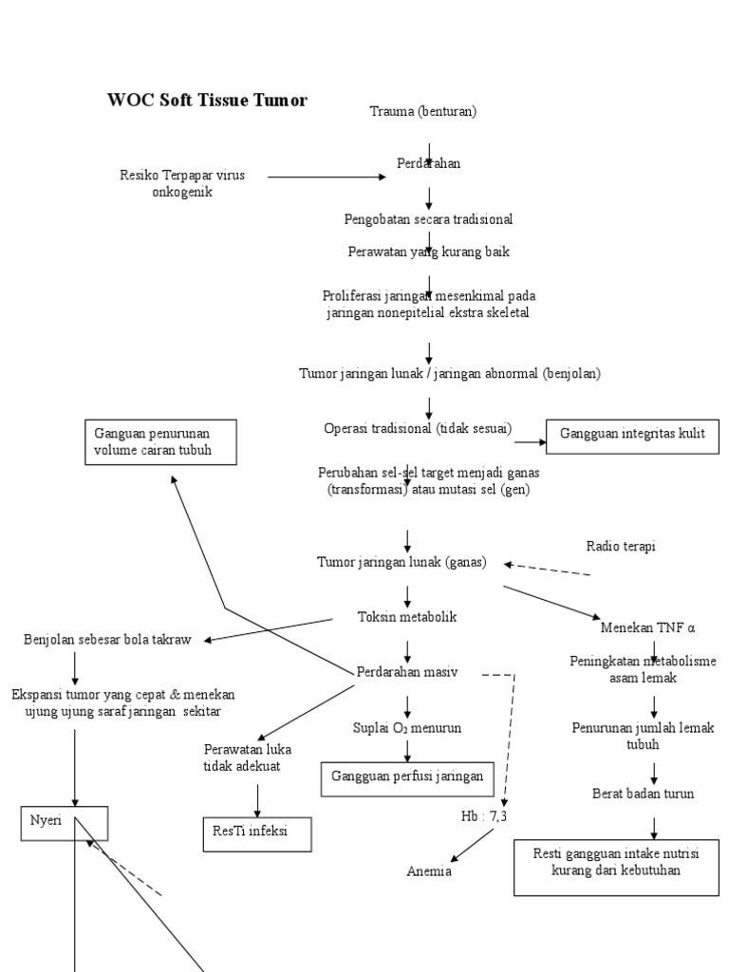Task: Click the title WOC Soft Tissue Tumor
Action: [x=207, y=100]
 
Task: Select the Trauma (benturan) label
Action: [x=422, y=112]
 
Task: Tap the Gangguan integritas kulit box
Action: [x=632, y=437]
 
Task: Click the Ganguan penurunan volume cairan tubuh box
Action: [x=160, y=442]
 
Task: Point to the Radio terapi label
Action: [x=621, y=546]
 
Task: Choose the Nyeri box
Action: [x=65, y=823]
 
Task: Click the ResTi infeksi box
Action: [x=257, y=834]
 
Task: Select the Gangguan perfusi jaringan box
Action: [x=407, y=779]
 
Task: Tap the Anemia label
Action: [x=429, y=871]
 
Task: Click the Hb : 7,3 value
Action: [x=483, y=816]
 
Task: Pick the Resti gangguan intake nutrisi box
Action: [x=616, y=868]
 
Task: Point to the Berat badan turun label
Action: [x=643, y=794]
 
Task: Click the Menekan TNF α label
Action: [x=647, y=627]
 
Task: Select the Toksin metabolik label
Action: [x=407, y=617]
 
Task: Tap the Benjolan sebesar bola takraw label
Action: [x=107, y=639]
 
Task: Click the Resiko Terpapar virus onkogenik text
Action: [x=182, y=183]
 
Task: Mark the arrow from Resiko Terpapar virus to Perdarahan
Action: [x=327, y=177]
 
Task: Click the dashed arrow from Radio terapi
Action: [x=548, y=570]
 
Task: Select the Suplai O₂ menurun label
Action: [x=407, y=728]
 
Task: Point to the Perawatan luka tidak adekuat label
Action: [x=248, y=757]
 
